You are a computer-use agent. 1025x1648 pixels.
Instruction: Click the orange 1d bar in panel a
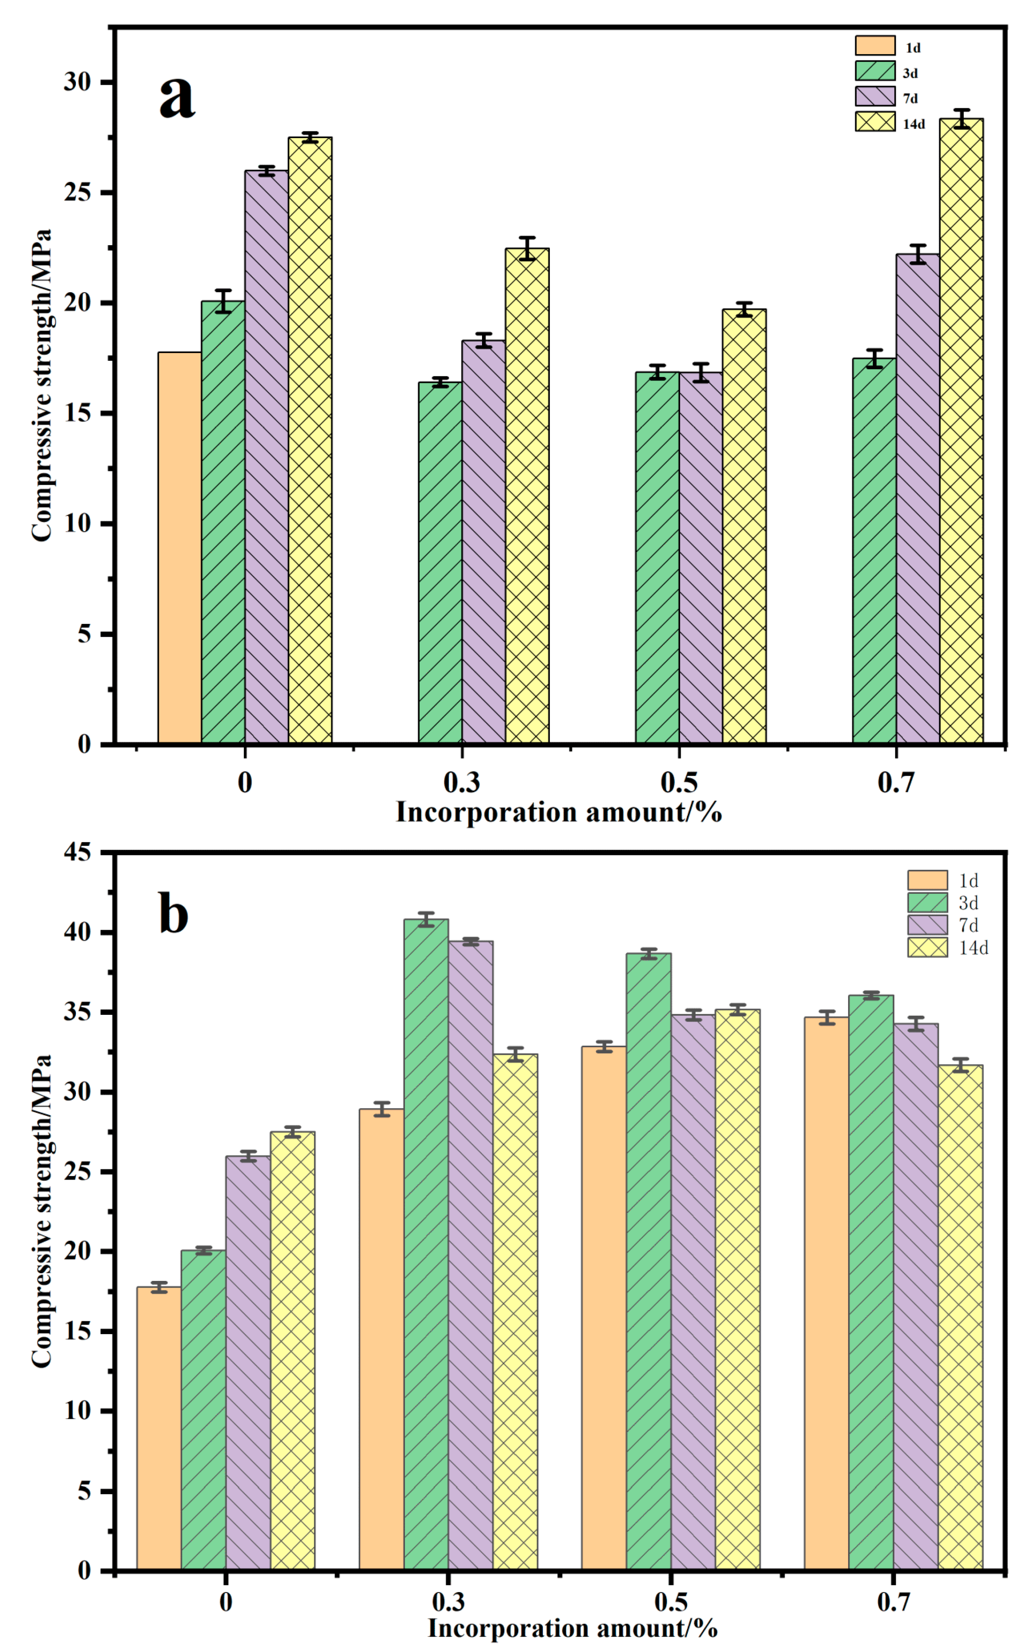(x=180, y=547)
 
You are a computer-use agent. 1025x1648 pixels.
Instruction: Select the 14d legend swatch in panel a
(x=875, y=122)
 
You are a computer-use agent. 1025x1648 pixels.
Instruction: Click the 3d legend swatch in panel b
(x=927, y=903)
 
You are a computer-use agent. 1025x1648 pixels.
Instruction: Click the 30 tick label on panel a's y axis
(x=77, y=82)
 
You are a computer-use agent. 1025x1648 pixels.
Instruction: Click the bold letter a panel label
(x=178, y=97)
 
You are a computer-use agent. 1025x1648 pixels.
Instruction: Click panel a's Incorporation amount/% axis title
(x=559, y=812)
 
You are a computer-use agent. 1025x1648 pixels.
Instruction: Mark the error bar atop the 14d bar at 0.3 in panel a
(x=527, y=249)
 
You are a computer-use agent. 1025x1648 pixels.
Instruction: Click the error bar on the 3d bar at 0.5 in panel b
(x=649, y=953)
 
